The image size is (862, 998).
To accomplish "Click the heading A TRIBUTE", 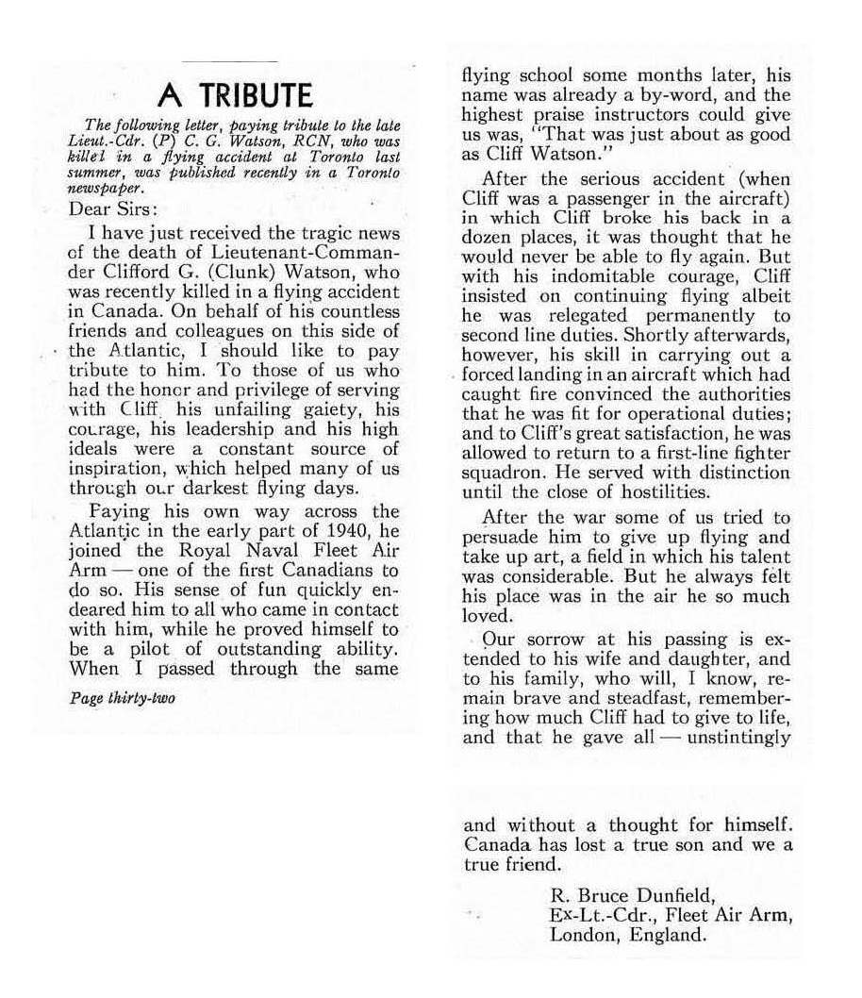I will pyautogui.click(x=233, y=94).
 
